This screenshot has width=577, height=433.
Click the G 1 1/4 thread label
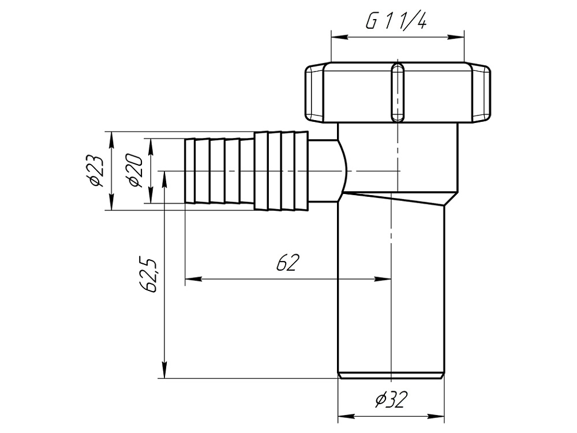(x=396, y=22)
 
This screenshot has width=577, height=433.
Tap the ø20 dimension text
(x=134, y=170)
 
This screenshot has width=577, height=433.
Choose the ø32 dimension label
(x=391, y=400)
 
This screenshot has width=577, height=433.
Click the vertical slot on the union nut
(x=398, y=92)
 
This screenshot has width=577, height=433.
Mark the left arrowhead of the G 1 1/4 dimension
(x=339, y=37)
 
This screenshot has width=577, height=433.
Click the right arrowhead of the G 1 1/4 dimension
(x=456, y=37)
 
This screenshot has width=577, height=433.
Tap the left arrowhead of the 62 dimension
(x=193, y=279)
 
